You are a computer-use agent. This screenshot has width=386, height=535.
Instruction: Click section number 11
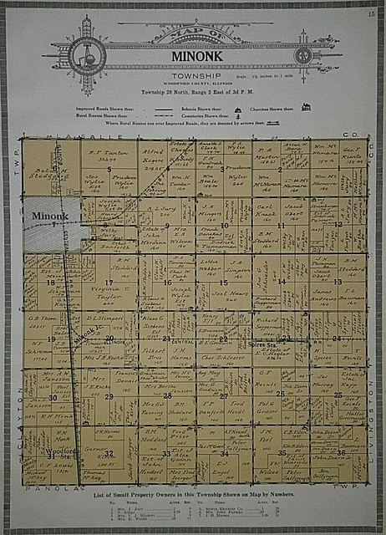click(282, 226)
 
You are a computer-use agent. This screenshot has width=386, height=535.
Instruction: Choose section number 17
click(109, 283)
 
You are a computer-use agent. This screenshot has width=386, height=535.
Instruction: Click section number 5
click(109, 170)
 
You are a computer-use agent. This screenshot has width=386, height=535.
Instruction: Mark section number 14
click(282, 283)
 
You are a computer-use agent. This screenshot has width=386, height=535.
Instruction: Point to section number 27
click(224, 395)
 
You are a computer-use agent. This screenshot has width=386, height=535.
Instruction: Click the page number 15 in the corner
click(369, 14)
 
